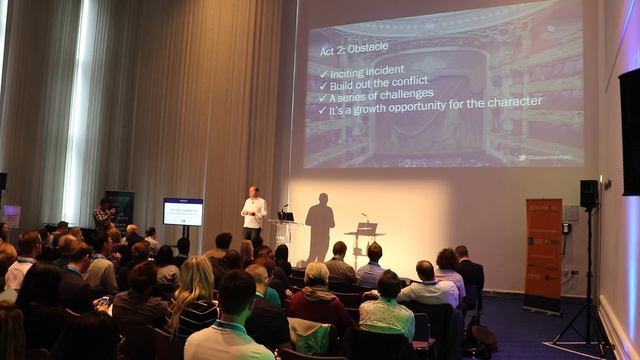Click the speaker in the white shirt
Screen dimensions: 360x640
pos(254,210)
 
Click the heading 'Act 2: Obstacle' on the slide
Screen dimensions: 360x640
pos(354,47)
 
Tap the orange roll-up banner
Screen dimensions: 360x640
pos(543,255)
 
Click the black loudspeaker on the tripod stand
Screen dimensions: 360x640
pos(589,193)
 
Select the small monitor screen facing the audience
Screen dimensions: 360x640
pos(183,211)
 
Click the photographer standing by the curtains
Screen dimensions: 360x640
pos(104,214)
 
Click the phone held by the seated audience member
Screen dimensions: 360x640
pos(102,300)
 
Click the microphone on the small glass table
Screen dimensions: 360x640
pos(364,217)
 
